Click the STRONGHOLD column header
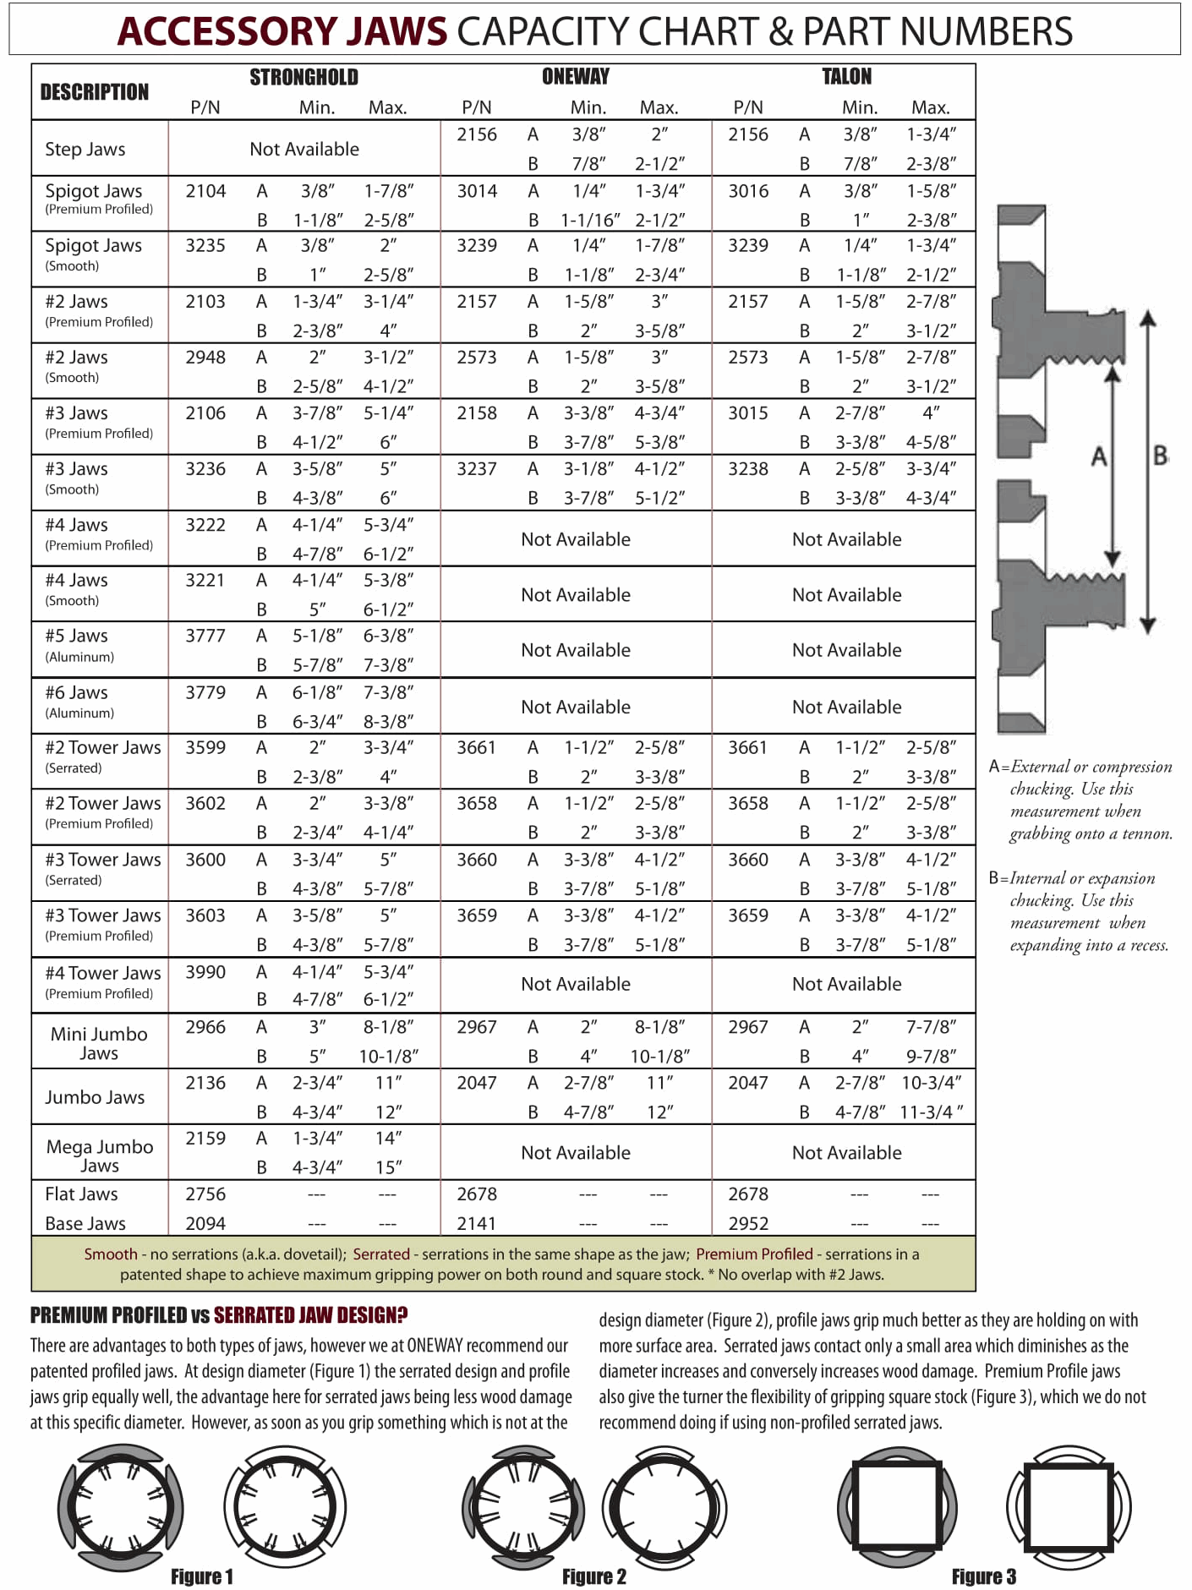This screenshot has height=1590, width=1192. pyautogui.click(x=303, y=77)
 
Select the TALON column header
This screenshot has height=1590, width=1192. pyautogui.click(x=846, y=77)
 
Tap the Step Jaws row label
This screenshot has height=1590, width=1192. pyautogui.click(x=85, y=149)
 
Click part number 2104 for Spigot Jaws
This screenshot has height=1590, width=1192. pyautogui.click(x=205, y=191)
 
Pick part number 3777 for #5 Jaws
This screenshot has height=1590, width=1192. pyautogui.click(x=205, y=636)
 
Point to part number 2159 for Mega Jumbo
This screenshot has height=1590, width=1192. pyautogui.click(x=205, y=1138)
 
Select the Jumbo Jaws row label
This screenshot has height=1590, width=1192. pyautogui.click(x=95, y=1097)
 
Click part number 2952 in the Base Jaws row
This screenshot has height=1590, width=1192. pyautogui.click(x=748, y=1223)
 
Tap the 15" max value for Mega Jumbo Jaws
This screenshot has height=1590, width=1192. pyautogui.click(x=388, y=1167)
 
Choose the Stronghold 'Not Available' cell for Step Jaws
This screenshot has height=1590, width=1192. pyautogui.click(x=304, y=149)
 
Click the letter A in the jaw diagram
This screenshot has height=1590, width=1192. pyautogui.click(x=1098, y=457)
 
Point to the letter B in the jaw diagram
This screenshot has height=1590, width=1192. pyautogui.click(x=1161, y=456)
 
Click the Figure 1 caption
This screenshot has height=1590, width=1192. pyautogui.click(x=202, y=1576)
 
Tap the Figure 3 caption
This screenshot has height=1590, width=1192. pyautogui.click(x=984, y=1576)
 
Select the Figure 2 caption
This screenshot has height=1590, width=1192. pyautogui.click(x=594, y=1576)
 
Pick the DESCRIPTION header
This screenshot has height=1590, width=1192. pyautogui.click(x=95, y=91)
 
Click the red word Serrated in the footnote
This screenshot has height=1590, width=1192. pyautogui.click(x=381, y=1254)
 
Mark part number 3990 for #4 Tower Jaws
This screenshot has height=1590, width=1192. pyautogui.click(x=205, y=972)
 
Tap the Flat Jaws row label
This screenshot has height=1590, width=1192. pyautogui.click(x=81, y=1194)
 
